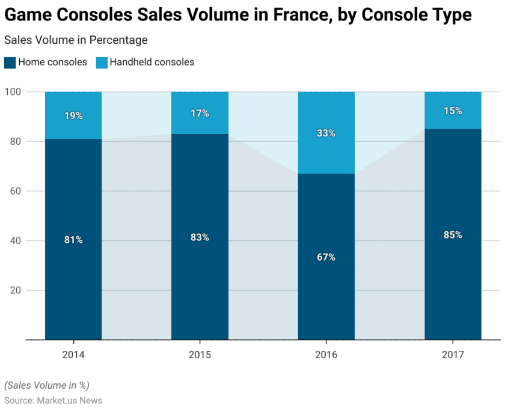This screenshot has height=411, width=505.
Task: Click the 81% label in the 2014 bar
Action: [x=73, y=240]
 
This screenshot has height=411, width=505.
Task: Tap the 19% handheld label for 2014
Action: [x=73, y=116]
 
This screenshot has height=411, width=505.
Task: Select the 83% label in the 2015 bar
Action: [x=200, y=237]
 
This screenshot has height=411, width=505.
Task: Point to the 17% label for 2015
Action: [x=200, y=113]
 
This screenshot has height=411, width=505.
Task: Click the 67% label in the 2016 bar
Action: [x=326, y=257]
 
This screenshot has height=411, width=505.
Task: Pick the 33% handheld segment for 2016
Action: [x=326, y=133]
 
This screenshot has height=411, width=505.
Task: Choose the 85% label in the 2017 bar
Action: [x=453, y=235]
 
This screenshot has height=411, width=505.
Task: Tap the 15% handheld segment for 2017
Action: [x=453, y=111]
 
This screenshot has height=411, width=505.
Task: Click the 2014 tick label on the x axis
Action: [x=73, y=355]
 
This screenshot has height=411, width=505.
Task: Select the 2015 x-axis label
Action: [x=200, y=355]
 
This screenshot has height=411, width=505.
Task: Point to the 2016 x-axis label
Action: [x=326, y=355]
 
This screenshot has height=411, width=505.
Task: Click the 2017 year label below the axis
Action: [x=453, y=355]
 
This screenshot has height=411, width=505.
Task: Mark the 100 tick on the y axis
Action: [x=13, y=92]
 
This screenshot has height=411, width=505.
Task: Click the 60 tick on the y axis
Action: [x=15, y=191]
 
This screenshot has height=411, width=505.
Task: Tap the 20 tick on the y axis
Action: [x=15, y=290]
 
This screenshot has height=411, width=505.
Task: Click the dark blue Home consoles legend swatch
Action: [x=10, y=62]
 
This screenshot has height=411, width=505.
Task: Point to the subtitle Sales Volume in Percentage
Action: [x=76, y=40]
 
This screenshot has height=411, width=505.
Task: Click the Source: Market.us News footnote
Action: [x=54, y=400]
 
